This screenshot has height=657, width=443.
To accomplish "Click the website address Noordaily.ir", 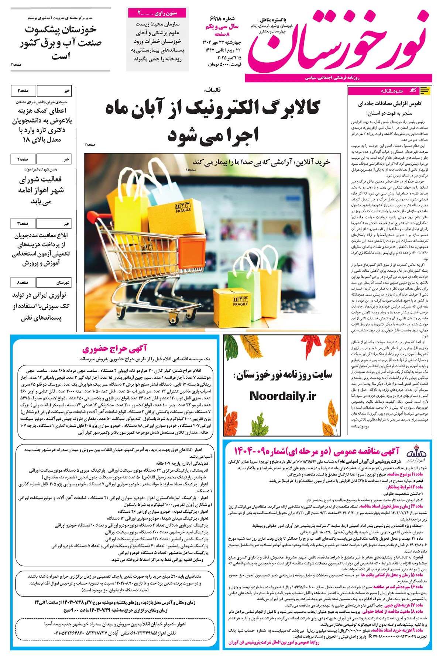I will [283, 396].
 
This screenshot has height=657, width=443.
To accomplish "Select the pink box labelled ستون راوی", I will [158, 13].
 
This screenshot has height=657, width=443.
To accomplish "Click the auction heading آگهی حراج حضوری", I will [115, 348].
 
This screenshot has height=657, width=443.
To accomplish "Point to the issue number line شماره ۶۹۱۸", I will [222, 18].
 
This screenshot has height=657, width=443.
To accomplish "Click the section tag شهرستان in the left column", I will [63, 283].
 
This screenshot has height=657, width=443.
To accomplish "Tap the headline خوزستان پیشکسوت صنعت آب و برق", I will [61, 42].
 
